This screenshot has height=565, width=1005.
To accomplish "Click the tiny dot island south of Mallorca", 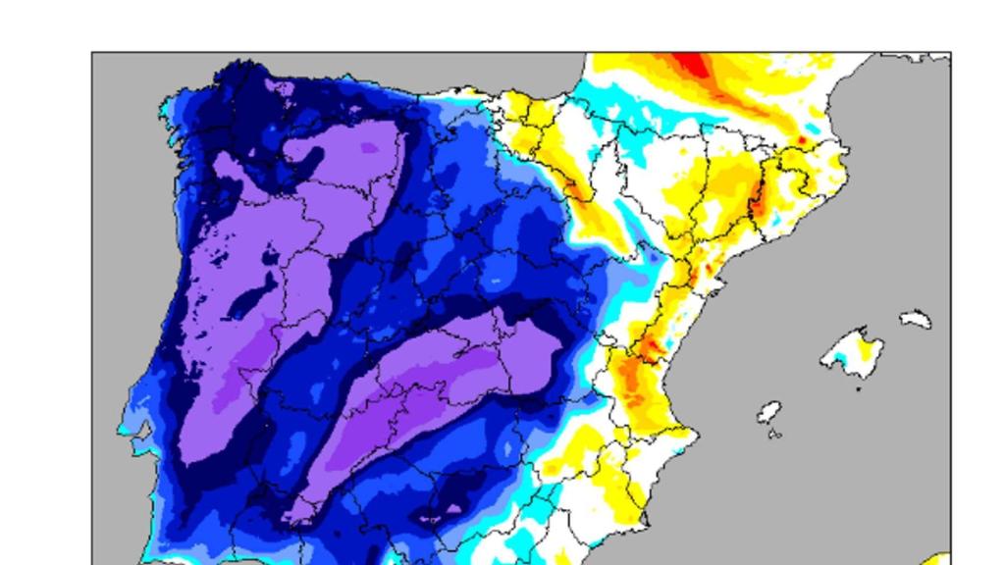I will (859, 389).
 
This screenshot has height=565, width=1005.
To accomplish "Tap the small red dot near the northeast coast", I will (802, 141).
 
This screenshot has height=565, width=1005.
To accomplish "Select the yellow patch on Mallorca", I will (865, 346).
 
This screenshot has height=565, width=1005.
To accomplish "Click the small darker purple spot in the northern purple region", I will (369, 148).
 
